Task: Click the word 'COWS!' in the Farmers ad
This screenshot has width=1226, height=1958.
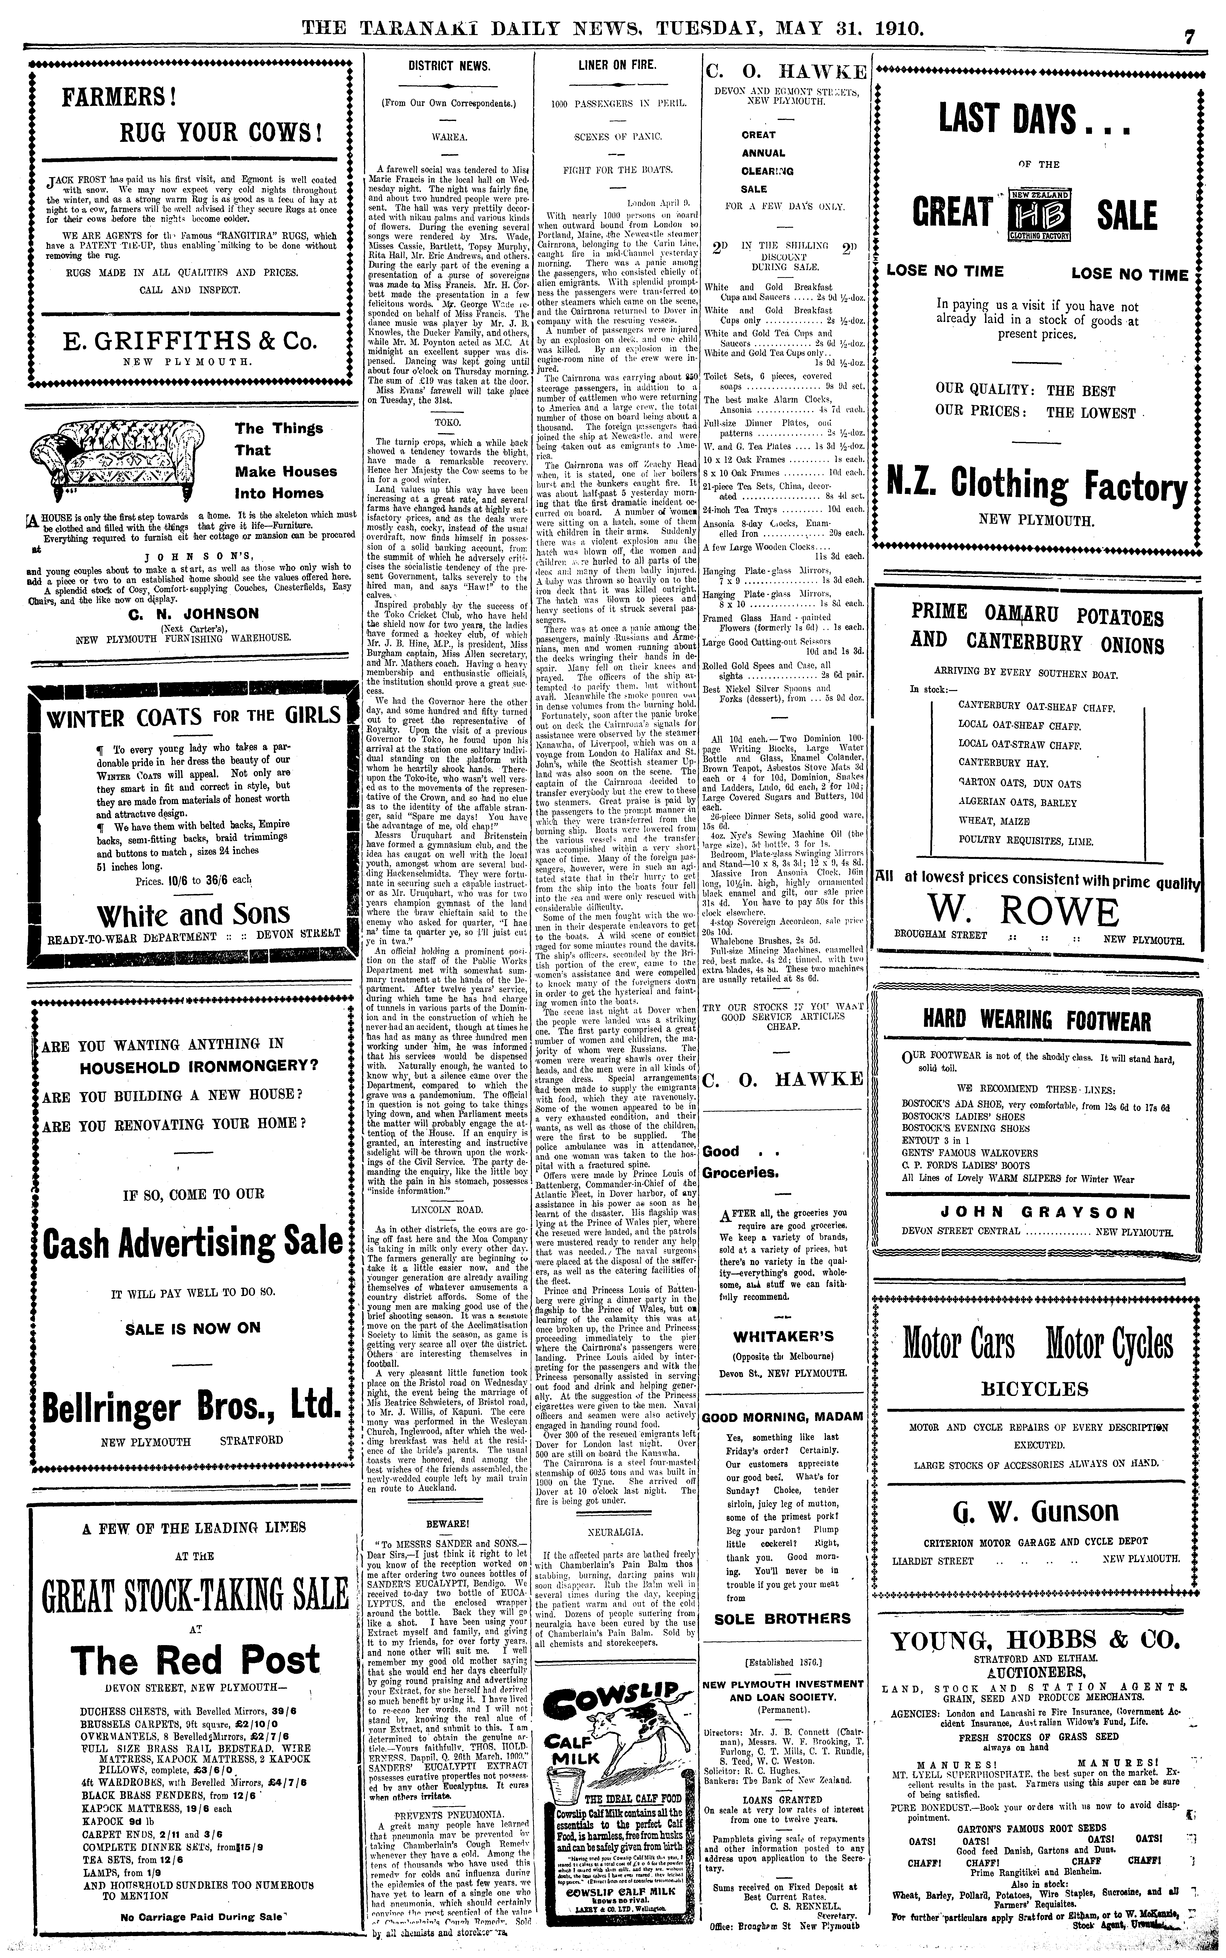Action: tap(278, 132)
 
